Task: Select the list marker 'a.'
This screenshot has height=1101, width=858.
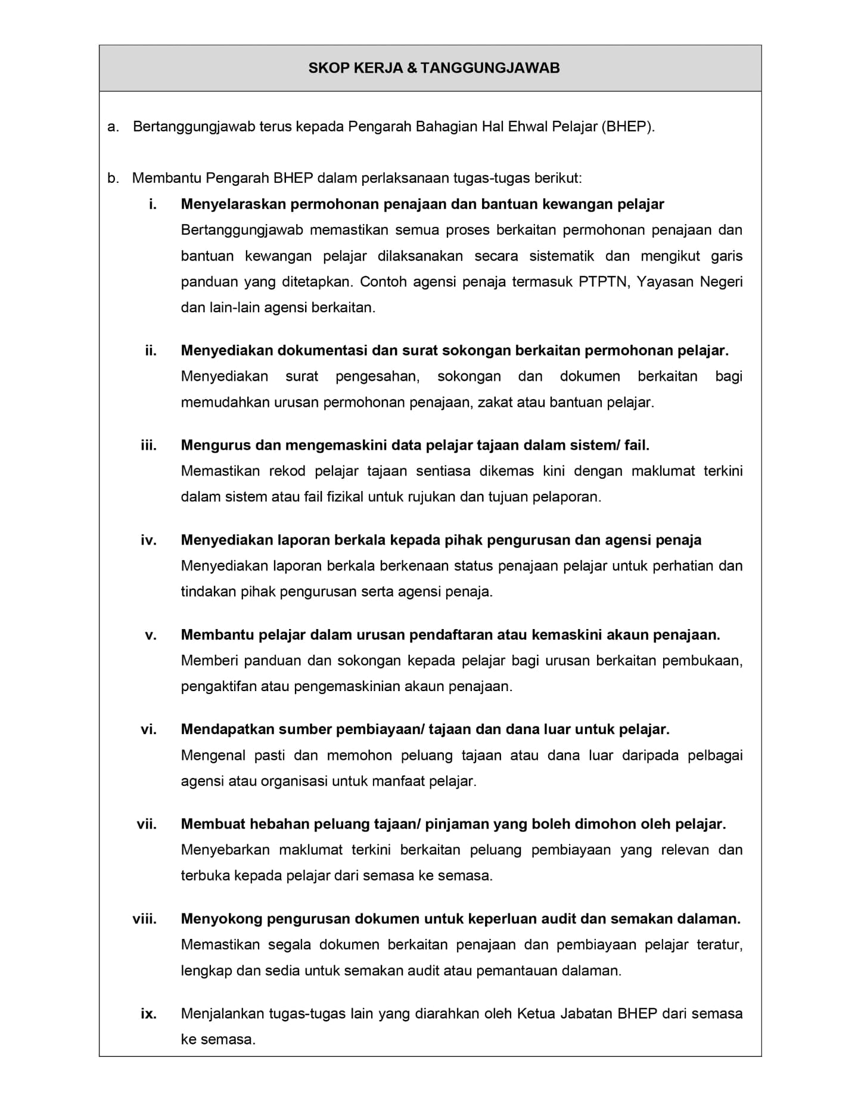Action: click(x=113, y=127)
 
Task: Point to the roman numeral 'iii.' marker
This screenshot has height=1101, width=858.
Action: click(x=148, y=445)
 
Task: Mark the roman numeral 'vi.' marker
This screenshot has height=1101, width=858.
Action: click(x=148, y=729)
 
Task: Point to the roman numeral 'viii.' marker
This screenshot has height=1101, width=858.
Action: click(x=145, y=919)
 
